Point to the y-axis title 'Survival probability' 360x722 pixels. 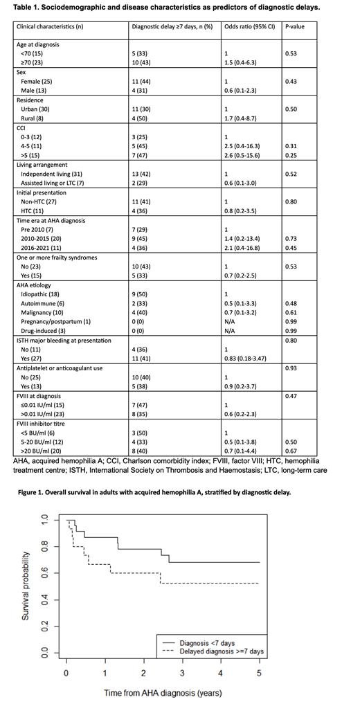coord(26,585)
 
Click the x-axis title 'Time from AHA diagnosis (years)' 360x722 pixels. coord(163,692)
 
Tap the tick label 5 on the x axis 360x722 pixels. coord(260,672)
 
